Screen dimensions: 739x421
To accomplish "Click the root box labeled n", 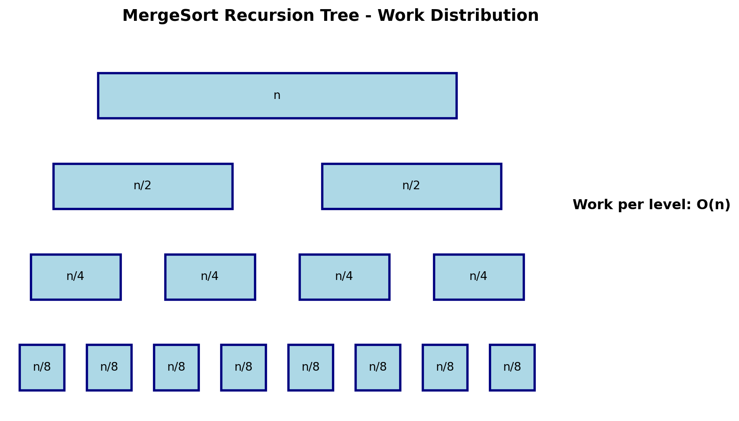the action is pos(277,95).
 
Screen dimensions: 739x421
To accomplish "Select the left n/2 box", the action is pos(143,186).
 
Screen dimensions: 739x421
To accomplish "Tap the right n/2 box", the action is pos(411,186).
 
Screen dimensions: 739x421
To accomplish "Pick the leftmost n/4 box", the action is pos(75,277).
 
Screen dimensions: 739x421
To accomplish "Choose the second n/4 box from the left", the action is pos(210,277).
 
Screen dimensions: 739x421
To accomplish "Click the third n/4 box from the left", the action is pos(345,277).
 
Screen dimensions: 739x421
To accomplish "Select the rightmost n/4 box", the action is pos(479,277).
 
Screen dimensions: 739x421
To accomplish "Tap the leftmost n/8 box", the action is pos(42,368).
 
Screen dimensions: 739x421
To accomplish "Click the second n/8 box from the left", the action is pos(109,368).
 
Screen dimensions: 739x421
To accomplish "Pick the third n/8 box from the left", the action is pos(176,368).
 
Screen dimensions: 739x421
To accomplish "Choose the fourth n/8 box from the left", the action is pos(244,368).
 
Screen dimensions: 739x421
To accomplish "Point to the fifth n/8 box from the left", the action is pos(311,368).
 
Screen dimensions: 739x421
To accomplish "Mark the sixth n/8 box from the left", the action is pos(378,368).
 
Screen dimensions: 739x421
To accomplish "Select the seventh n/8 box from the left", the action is pos(445,368).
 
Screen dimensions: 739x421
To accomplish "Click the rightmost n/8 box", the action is pos(512,368).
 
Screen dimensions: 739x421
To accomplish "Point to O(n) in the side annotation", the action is pos(713,205).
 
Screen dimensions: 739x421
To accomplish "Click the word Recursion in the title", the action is pos(269,16).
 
